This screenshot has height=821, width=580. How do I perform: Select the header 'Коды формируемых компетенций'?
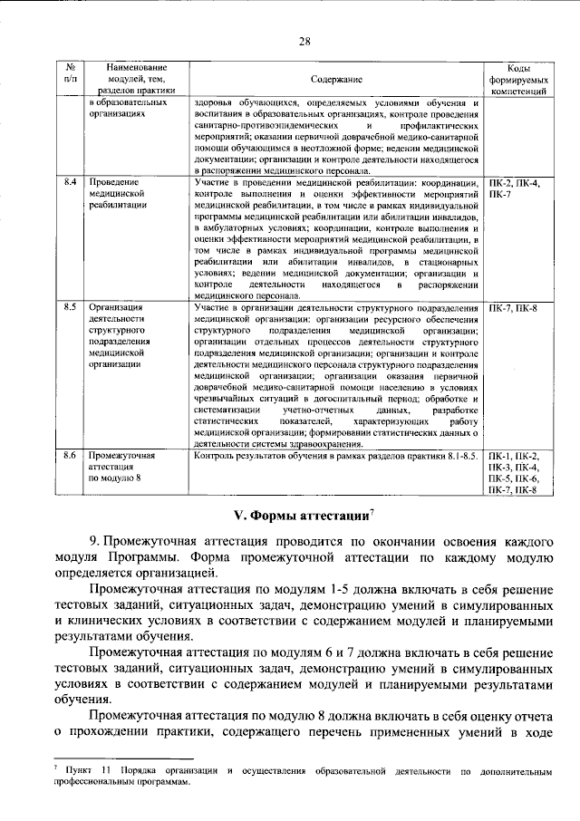pyautogui.click(x=512, y=80)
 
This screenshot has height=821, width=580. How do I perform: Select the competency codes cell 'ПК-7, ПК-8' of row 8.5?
pyautogui.click(x=512, y=309)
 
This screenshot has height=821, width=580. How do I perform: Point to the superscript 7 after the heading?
pyautogui.click(x=372, y=511)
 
